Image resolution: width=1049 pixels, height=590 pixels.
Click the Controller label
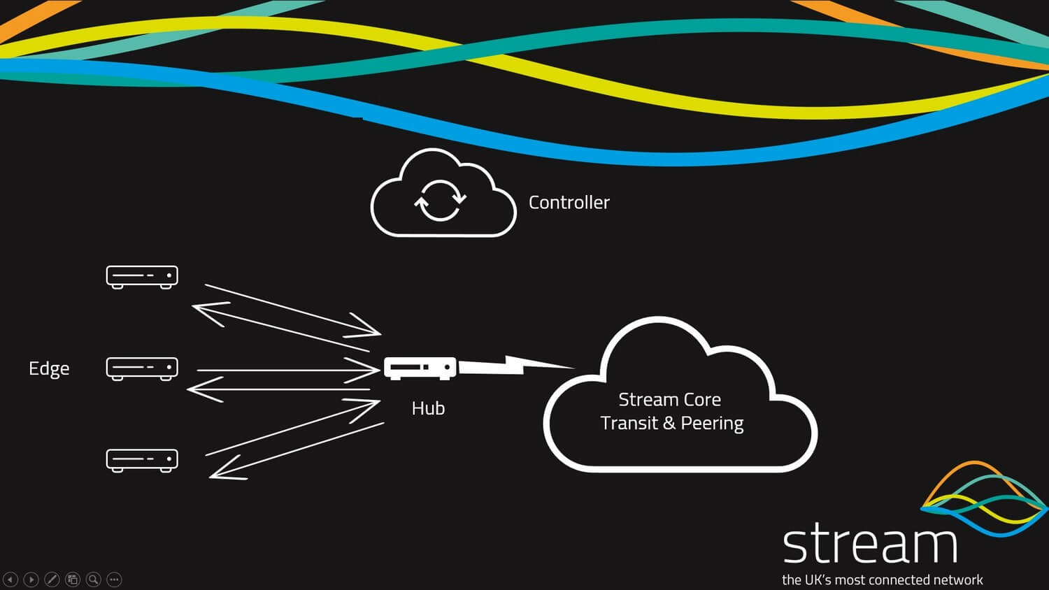click(569, 203)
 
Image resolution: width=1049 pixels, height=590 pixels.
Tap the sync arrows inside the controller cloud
click(440, 201)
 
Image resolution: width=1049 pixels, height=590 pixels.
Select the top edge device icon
click(142, 277)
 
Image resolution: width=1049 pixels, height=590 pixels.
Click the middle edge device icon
click(142, 368)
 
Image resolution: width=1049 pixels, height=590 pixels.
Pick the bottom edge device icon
click(142, 460)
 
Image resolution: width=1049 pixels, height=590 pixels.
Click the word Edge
click(49, 368)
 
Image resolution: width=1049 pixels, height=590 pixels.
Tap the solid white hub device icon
click(420, 368)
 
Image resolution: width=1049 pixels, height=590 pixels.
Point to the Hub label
click(428, 408)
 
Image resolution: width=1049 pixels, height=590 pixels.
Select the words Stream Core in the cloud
click(669, 400)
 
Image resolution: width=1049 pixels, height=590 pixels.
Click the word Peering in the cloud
click(712, 424)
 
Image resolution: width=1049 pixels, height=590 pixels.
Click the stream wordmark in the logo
click(869, 545)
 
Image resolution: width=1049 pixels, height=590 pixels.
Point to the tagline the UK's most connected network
click(882, 580)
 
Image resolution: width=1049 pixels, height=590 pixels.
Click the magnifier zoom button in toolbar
click(93, 580)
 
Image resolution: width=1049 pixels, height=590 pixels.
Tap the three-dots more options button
click(114, 580)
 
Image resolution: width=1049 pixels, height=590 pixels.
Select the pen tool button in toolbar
click(52, 580)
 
